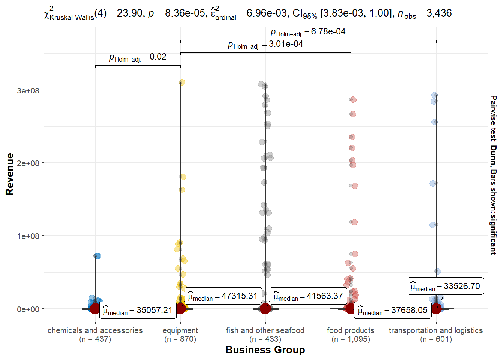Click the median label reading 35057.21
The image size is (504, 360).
point(138,310)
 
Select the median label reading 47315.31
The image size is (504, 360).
point(223,296)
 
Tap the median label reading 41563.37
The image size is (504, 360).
point(308,296)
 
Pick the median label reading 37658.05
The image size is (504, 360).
point(392,310)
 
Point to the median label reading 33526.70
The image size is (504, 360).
point(445,286)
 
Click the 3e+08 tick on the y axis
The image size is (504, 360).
point(28,90)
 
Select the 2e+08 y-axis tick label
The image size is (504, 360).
point(28,163)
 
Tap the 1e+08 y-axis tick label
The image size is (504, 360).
point(28,236)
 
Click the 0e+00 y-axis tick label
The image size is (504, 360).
point(28,309)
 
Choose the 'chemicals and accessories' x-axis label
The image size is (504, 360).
point(95,330)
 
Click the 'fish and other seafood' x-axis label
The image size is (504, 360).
point(265,330)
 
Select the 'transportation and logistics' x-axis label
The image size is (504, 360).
point(436,330)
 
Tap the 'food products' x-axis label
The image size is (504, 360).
point(351,330)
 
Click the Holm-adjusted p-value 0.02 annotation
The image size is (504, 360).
point(138,57)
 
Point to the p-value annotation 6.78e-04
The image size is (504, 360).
point(308,32)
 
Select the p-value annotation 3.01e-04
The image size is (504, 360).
point(265,44)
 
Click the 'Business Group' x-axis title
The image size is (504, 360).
point(265,350)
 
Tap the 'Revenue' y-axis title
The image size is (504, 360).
point(10,174)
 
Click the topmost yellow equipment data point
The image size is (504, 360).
point(182,82)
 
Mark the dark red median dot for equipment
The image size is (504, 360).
point(180,309)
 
